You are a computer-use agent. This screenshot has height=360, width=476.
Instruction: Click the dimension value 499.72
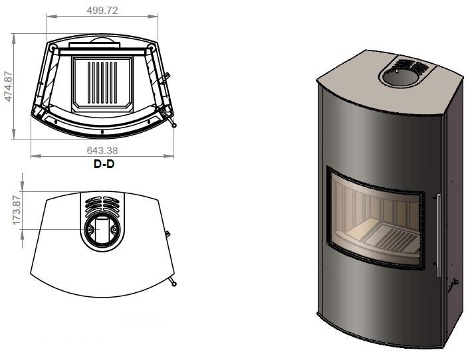[x=102, y=11]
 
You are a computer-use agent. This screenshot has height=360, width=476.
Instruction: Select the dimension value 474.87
[x=8, y=86]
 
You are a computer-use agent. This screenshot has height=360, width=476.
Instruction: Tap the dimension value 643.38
[x=102, y=150]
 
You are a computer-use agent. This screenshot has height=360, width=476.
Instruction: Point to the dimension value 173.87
[x=17, y=210]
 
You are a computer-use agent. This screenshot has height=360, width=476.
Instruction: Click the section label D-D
[x=104, y=164]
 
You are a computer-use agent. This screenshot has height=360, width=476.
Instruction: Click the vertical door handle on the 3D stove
[x=438, y=235]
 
